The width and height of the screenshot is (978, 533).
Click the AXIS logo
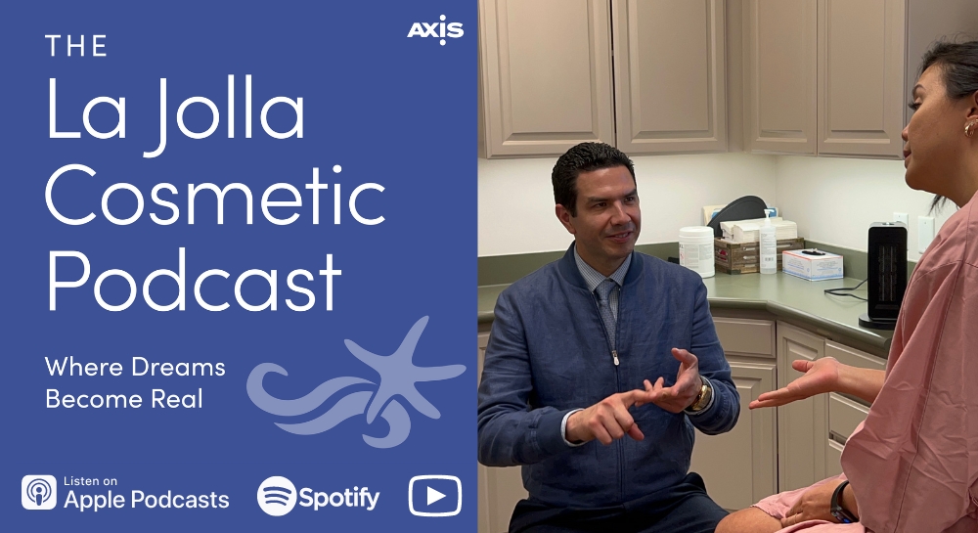point(435,29)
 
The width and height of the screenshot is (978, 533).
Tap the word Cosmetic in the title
point(215,196)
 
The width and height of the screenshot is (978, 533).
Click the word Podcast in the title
point(194,280)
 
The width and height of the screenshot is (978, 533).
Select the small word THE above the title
point(76,46)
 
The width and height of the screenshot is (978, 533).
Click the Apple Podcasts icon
point(39,492)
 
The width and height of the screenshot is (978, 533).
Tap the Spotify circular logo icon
point(277,496)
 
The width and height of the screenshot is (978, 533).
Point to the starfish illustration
point(399,368)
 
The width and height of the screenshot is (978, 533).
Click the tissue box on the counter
point(812,264)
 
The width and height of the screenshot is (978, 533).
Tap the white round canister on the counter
point(696,251)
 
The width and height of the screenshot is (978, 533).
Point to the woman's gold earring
point(970,128)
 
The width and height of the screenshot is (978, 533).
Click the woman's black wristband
point(839,502)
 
